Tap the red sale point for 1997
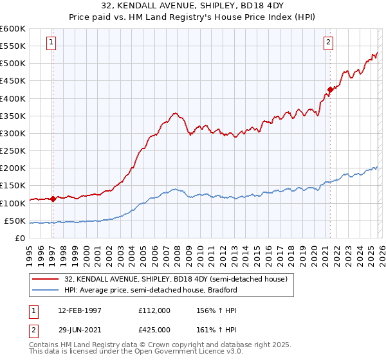[x=53, y=199]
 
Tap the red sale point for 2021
[x=330, y=89]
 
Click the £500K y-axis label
[x=13, y=63]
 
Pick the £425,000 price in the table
[x=154, y=330]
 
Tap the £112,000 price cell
[x=154, y=310]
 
